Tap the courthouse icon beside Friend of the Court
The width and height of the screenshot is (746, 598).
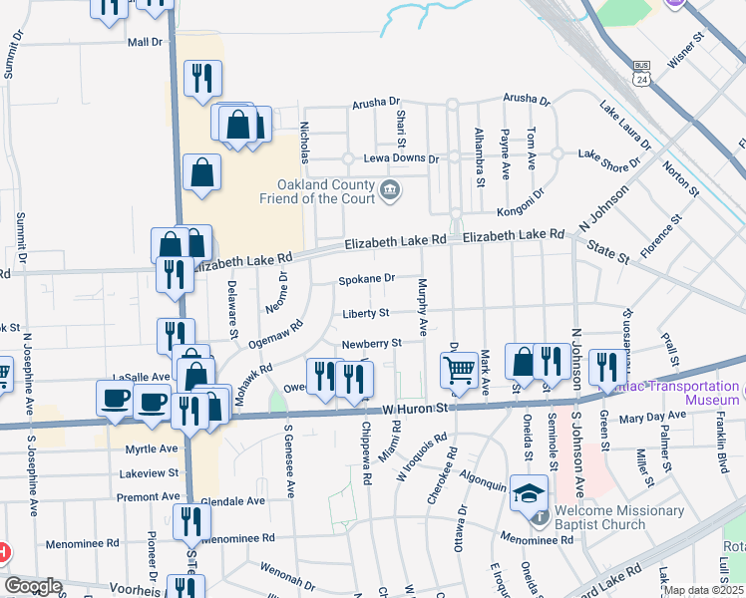pyautogui.click(x=390, y=189)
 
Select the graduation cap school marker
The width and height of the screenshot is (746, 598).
pyautogui.click(x=529, y=492)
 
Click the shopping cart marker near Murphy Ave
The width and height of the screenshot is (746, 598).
pyautogui.click(x=459, y=369)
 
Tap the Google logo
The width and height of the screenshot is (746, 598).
pyautogui.click(x=33, y=586)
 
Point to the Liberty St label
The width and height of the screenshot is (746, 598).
pyautogui.click(x=365, y=313)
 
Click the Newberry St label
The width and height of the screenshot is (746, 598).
pyautogui.click(x=371, y=344)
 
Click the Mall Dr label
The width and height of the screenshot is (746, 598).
pyautogui.click(x=145, y=42)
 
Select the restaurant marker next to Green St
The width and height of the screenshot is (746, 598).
pyautogui.click(x=606, y=367)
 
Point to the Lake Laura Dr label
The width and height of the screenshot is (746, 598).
pyautogui.click(x=624, y=125)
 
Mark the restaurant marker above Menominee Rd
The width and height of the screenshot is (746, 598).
pyautogui.click(x=191, y=521)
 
